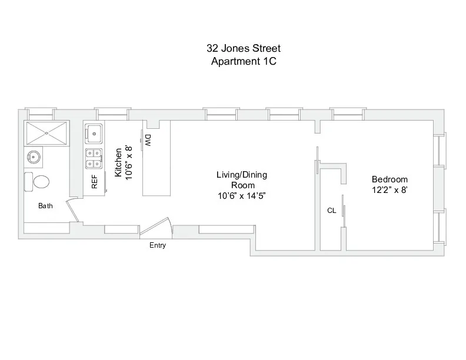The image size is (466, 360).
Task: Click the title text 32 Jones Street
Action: point(244,48)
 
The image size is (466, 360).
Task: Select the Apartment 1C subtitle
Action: point(244,61)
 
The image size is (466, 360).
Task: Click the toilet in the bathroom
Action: point(38,181)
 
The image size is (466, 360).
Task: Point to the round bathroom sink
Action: point(33,157)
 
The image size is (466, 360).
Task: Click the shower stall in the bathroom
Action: point(45,134)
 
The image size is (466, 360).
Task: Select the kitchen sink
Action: point(94,133)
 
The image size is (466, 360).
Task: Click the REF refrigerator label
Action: point(94,182)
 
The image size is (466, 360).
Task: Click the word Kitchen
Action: point(118,162)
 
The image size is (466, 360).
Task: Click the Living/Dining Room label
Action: point(243,180)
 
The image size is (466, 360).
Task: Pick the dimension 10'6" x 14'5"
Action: point(243,196)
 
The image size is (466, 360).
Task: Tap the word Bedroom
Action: point(390,179)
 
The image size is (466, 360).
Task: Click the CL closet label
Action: point(332,210)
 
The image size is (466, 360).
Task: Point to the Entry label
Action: point(158,245)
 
